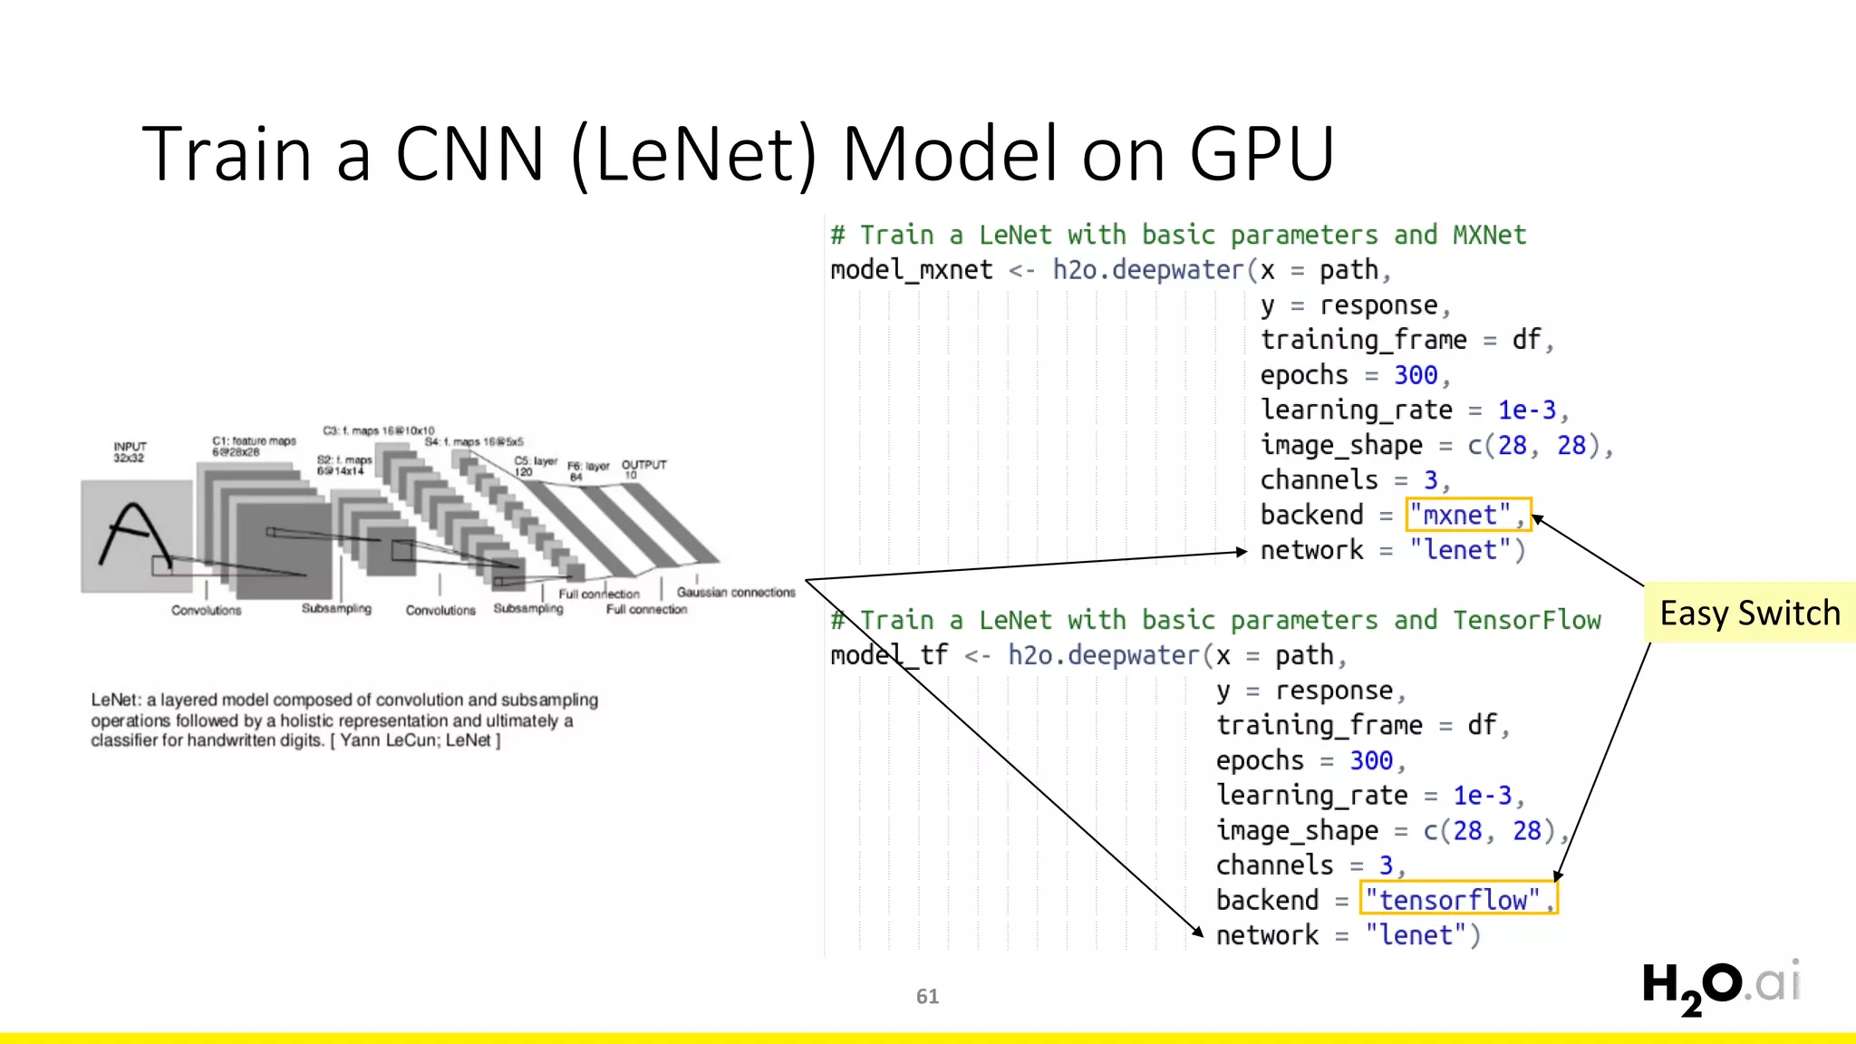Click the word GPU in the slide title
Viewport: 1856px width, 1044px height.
pyautogui.click(x=1261, y=154)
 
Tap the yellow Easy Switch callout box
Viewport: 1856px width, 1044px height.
pyautogui.click(x=1749, y=614)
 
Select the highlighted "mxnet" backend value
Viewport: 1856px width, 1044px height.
pyautogui.click(x=1466, y=515)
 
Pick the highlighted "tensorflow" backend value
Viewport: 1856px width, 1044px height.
pyautogui.click(x=1457, y=900)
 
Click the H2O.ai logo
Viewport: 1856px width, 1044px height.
pyautogui.click(x=1720, y=985)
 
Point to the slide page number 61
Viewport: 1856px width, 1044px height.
pyautogui.click(x=927, y=997)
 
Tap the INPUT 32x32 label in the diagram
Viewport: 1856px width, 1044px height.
pyautogui.click(x=130, y=452)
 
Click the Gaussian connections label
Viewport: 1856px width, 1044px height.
pyautogui.click(x=735, y=593)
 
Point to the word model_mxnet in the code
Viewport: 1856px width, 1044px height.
pyautogui.click(x=911, y=270)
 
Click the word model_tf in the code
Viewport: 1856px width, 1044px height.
pyautogui.click(x=888, y=655)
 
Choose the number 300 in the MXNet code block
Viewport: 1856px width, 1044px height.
pyautogui.click(x=1416, y=375)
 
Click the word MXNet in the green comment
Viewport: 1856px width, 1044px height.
pyautogui.click(x=1489, y=235)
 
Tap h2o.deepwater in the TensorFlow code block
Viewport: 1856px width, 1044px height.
pyautogui.click(x=1103, y=655)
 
